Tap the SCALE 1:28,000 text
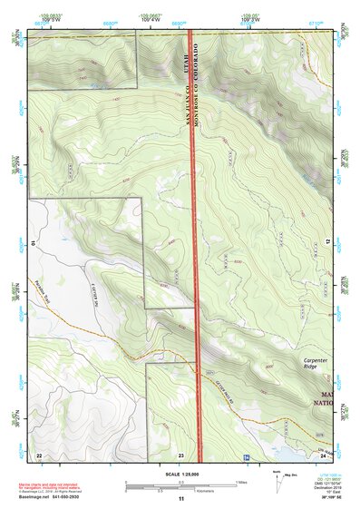(x=180, y=474)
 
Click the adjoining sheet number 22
(x=38, y=454)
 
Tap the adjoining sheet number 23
(x=181, y=454)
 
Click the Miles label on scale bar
(x=241, y=482)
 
